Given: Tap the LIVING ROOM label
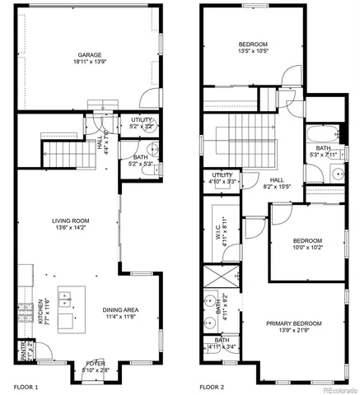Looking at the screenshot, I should coord(70,221).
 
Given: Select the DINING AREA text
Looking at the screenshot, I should coord(120,309).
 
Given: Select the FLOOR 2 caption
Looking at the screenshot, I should coord(213,385).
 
